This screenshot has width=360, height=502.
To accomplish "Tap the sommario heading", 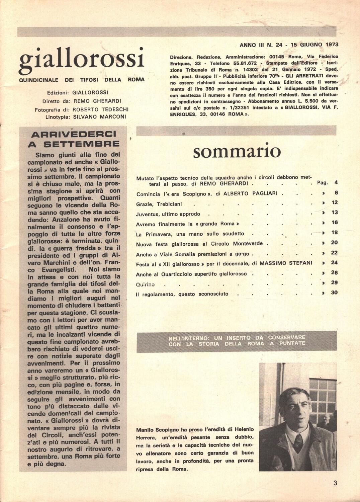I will tap(237, 151).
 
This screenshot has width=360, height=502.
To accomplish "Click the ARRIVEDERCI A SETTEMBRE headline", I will tap(74, 139).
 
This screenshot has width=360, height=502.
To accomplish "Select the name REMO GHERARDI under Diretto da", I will tap(97, 101).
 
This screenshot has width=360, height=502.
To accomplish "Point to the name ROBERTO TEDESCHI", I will tap(100, 109).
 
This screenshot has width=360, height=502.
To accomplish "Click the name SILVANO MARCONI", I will tap(99, 117).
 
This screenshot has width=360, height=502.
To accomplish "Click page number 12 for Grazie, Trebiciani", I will tap(334, 202).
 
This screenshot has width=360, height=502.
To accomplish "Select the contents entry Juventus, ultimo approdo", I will tap(168, 214).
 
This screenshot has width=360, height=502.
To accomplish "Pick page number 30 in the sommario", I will tap(334, 292).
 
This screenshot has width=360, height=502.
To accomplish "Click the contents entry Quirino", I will tap(145, 284).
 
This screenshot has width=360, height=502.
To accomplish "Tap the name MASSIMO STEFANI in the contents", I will tap(286, 263).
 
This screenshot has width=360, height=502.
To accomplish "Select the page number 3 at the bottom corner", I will tap(335, 483).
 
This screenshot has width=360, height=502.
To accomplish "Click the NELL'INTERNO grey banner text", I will tap(237, 341).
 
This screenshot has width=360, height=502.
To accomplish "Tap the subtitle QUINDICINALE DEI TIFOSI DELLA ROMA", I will tap(82, 80).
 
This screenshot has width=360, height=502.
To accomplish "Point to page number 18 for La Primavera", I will tap(334, 233).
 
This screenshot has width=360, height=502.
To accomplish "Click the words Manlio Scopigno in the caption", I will tap(158, 429).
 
